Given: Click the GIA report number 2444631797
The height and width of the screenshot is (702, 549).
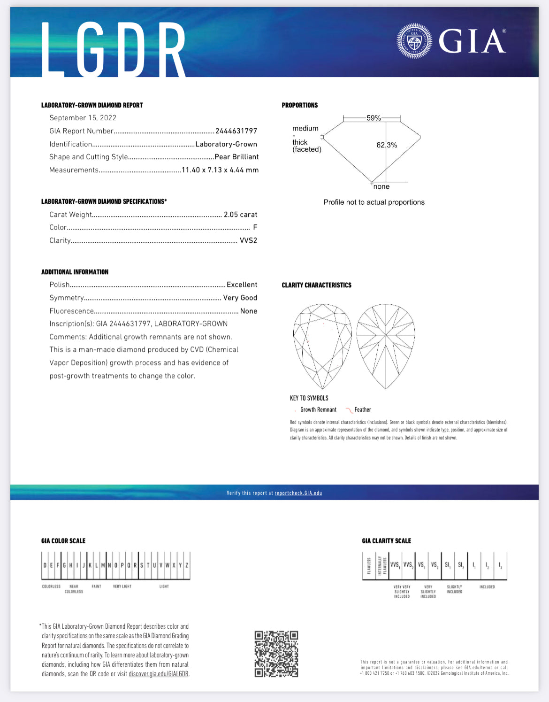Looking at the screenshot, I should (236, 131).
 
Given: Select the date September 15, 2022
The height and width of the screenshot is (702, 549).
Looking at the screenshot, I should (83, 118).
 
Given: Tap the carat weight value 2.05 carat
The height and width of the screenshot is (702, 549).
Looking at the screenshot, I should (240, 215).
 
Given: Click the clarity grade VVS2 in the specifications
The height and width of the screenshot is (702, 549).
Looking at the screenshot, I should (248, 240).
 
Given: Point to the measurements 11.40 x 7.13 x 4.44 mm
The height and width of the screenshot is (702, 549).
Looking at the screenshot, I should (220, 170).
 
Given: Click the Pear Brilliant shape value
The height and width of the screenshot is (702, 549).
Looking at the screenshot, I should (236, 157).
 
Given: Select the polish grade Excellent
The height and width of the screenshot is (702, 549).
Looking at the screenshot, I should (242, 285).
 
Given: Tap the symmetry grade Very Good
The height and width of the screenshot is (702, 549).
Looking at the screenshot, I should (240, 298).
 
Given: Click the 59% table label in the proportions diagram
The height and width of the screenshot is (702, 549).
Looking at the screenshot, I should (374, 118).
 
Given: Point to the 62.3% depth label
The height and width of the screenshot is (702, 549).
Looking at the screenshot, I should (387, 145).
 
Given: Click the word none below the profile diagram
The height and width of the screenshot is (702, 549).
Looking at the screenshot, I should (381, 187).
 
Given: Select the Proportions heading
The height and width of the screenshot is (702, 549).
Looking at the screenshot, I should (300, 105).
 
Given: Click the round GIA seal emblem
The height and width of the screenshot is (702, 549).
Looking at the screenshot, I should (414, 41).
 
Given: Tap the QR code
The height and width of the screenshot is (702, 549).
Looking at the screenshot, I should (276, 654).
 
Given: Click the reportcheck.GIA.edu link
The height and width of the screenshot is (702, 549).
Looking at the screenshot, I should (298, 493).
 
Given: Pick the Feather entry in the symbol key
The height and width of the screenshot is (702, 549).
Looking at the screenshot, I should (362, 410).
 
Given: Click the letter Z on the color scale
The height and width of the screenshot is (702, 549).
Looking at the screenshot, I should (187, 565).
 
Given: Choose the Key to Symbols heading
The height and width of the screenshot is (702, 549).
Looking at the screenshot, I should (309, 398).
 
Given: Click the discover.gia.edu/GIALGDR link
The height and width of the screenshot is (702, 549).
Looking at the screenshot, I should (159, 674).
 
